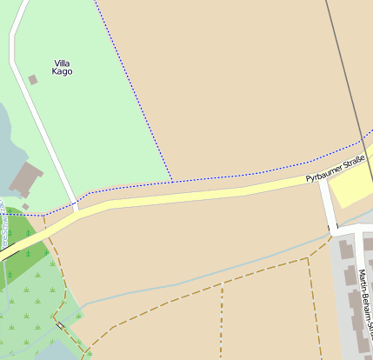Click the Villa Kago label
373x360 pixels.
(x=63, y=67)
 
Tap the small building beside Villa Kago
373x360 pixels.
(x=33, y=80)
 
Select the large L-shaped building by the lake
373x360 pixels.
(x=27, y=177)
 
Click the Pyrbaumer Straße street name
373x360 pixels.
(x=334, y=170)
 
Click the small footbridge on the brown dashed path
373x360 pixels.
(x=61, y=326)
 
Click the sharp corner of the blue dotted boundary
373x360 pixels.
(x=171, y=180)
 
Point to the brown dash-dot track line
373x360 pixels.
(x=221, y=322)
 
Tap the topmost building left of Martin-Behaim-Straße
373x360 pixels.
(x=346, y=250)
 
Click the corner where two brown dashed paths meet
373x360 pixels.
(x=309, y=258)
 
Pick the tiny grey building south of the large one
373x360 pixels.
(x=26, y=206)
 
